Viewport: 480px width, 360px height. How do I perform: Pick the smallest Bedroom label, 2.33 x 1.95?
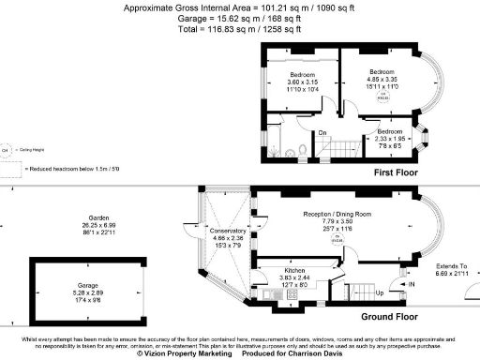coord(390,132)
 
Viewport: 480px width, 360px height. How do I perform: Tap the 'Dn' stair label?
coord(322,132)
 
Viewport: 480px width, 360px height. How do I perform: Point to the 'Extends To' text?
coord(450,267)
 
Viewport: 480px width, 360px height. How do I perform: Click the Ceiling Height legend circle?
coord(7,150)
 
